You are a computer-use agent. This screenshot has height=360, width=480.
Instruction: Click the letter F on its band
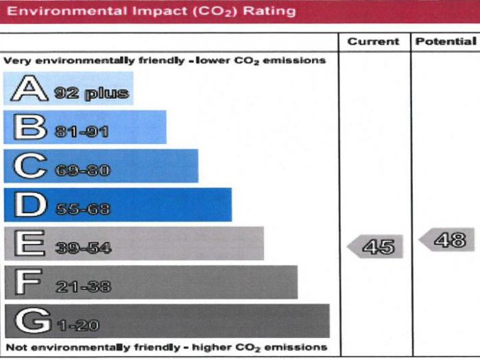tap(28, 283)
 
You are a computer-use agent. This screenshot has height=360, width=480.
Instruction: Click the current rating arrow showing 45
tap(376, 246)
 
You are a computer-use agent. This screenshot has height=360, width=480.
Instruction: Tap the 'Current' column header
tap(373, 42)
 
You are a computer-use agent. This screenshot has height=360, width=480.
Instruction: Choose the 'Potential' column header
tap(446, 42)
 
